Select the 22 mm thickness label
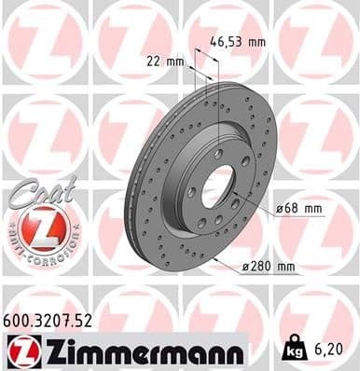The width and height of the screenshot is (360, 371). point(166,62)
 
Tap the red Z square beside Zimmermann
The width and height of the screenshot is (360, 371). point(20,350)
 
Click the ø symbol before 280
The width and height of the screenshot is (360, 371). point(246,268)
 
